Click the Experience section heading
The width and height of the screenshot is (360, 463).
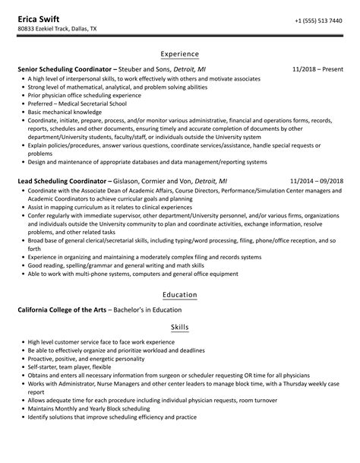pyautogui.click(x=180, y=54)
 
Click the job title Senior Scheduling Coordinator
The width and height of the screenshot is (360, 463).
pyautogui.click(x=64, y=69)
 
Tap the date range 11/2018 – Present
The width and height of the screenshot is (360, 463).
pyautogui.click(x=317, y=69)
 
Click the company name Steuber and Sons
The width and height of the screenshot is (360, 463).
pyautogui.click(x=143, y=69)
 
